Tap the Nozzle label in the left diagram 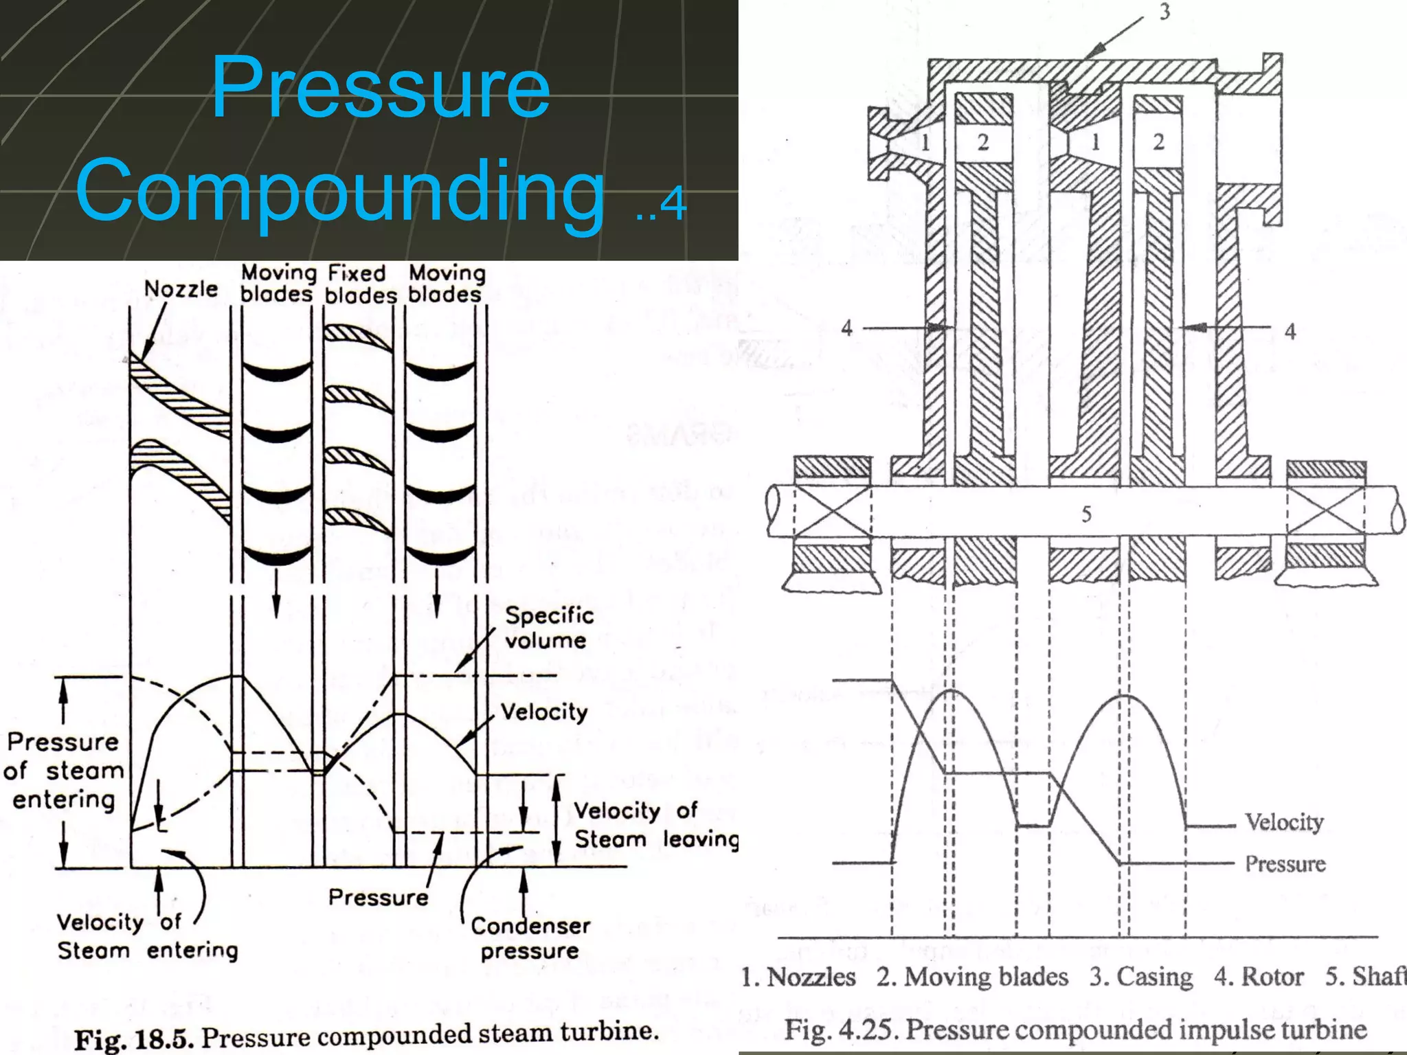click(x=181, y=289)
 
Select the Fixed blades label click(x=360, y=284)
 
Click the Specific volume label click(x=548, y=627)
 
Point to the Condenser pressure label click(x=530, y=938)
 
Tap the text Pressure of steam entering click(x=63, y=771)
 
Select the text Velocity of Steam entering click(x=146, y=935)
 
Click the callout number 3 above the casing click(x=1164, y=12)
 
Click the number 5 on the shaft click(x=1086, y=514)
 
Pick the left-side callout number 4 click(x=846, y=328)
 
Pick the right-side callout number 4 click(x=1290, y=332)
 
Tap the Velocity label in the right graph click(x=1283, y=822)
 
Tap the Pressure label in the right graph click(x=1285, y=863)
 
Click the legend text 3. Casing click(x=1141, y=976)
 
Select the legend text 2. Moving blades click(x=972, y=976)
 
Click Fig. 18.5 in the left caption click(x=131, y=1039)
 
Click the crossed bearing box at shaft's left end click(x=832, y=510)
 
